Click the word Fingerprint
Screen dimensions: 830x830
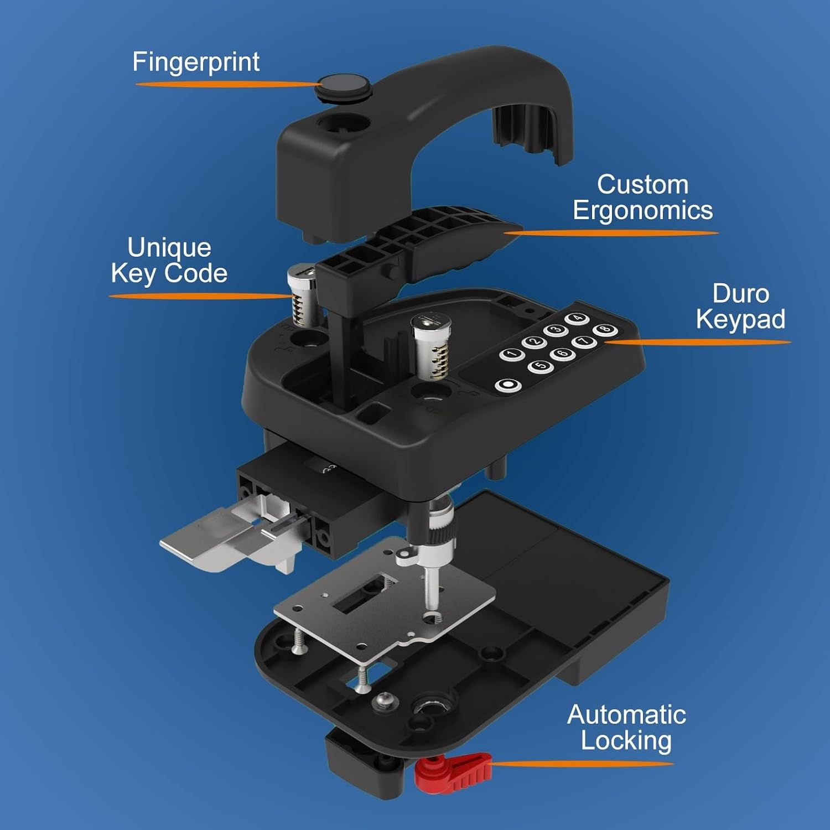click(x=196, y=63)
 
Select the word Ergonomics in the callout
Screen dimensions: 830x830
click(x=642, y=211)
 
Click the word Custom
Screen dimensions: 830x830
click(x=642, y=184)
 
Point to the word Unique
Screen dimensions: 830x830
click(x=169, y=247)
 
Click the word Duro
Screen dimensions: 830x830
click(x=740, y=293)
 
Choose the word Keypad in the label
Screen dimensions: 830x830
click(x=740, y=319)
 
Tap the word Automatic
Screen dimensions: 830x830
click(x=626, y=715)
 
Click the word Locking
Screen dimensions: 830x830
click(x=626, y=741)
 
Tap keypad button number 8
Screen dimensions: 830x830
click(x=604, y=329)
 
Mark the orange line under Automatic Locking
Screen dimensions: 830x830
click(x=581, y=764)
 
